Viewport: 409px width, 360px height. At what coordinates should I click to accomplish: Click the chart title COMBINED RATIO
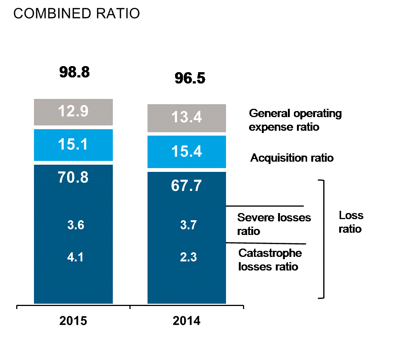click(77, 14)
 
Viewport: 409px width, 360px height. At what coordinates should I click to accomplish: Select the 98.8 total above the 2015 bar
click(74, 72)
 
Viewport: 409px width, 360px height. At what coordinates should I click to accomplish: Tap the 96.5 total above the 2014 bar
click(189, 78)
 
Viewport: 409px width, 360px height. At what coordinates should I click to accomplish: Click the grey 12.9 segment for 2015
click(73, 112)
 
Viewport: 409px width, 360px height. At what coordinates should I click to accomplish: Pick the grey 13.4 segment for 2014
click(187, 118)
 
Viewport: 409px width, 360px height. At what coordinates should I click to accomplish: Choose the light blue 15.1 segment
click(73, 145)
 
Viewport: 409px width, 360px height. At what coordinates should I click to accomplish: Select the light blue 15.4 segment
click(187, 151)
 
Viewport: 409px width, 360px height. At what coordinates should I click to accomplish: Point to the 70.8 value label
click(73, 177)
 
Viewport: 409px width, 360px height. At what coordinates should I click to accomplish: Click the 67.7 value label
click(187, 185)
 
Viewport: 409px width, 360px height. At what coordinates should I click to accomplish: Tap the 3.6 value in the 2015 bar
click(75, 225)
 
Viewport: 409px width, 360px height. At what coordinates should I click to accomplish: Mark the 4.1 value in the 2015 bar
click(75, 258)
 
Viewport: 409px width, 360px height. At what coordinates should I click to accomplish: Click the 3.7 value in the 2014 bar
click(189, 225)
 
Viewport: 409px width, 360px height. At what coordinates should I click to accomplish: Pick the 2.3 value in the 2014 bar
click(189, 258)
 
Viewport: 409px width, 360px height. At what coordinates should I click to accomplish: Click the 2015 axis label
click(73, 321)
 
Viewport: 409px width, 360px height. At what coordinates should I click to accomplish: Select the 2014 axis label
click(187, 321)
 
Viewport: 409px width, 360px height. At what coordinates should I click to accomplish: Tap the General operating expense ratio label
click(295, 120)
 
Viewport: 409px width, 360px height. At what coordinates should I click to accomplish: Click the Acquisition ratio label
click(292, 158)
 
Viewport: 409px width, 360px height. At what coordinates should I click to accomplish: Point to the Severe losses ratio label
click(274, 224)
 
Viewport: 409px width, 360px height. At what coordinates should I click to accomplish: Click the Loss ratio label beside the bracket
click(351, 222)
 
